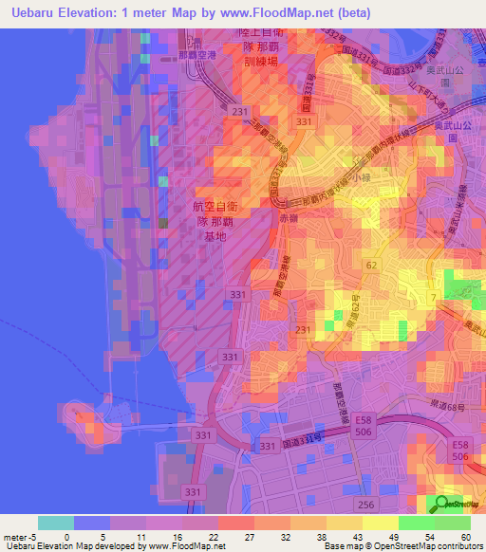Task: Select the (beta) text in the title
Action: [x=349, y=13]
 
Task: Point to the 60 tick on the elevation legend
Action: [x=466, y=536]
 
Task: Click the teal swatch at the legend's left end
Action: [x=56, y=523]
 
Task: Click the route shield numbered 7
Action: [x=433, y=299]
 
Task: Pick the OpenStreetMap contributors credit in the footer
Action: [x=432, y=546]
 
